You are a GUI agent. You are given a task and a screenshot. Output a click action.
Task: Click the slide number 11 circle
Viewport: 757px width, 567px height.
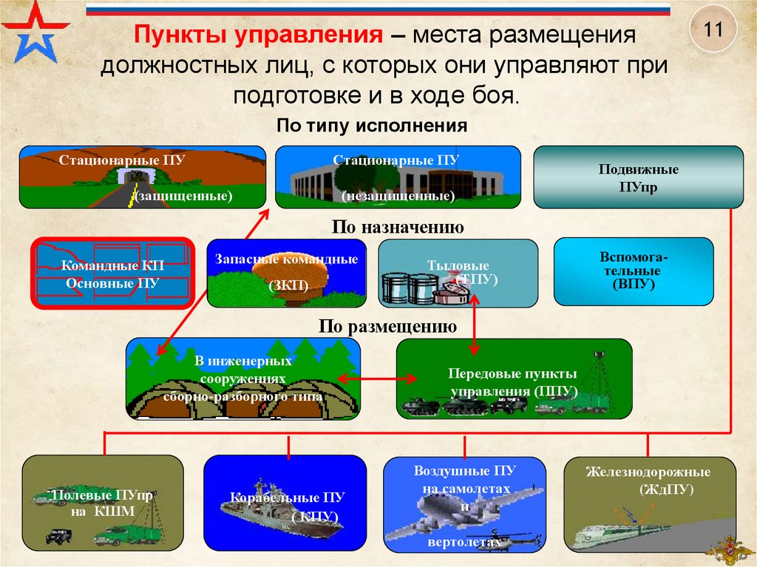(713, 30)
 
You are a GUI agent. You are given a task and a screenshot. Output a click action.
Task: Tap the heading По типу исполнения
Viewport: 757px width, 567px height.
(372, 126)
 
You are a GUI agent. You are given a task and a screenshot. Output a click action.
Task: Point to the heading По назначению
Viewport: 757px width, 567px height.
(398, 228)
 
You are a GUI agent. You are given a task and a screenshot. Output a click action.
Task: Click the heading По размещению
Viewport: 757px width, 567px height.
(387, 326)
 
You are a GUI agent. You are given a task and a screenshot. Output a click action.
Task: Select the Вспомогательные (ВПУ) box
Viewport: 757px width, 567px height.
(634, 271)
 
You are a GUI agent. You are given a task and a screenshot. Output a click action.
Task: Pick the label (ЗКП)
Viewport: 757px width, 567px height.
(287, 286)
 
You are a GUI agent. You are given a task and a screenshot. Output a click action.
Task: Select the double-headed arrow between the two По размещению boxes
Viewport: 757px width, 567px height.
(368, 378)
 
